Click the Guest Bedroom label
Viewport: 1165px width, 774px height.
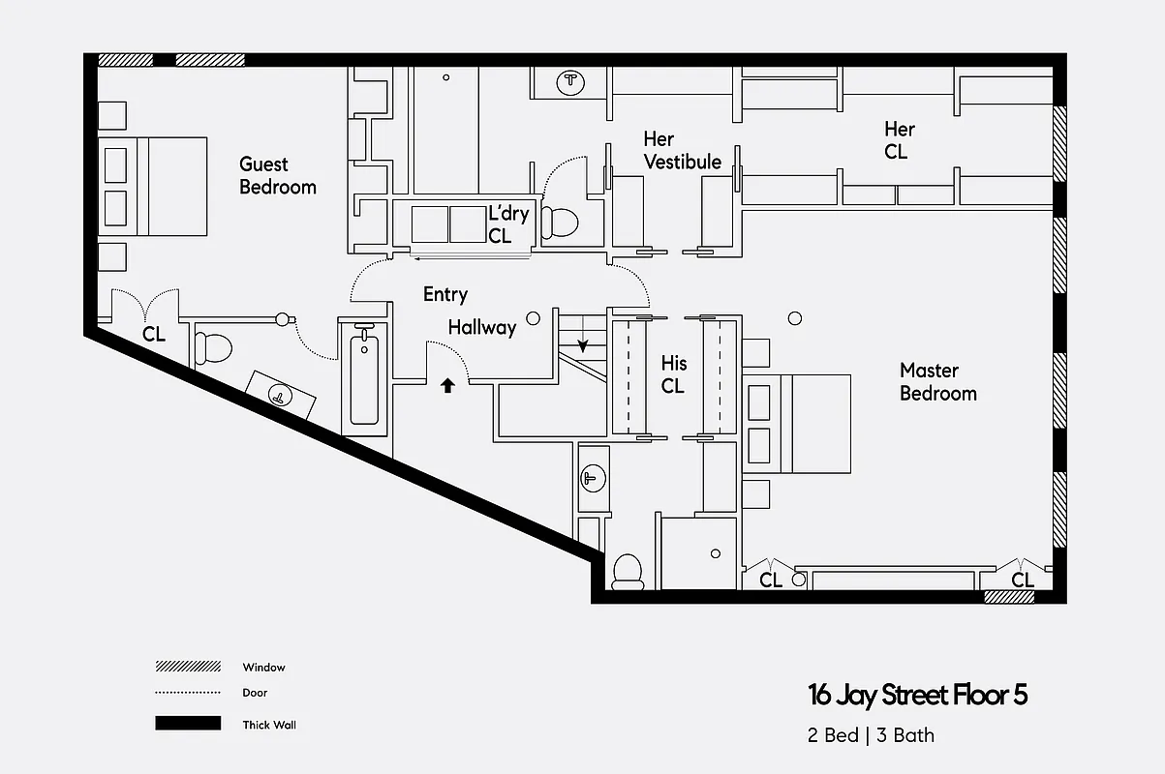click(x=277, y=175)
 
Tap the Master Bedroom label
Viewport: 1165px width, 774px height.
click(x=937, y=381)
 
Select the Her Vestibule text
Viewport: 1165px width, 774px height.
click(x=682, y=151)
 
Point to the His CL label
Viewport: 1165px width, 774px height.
click(x=673, y=374)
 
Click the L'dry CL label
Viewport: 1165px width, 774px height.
click(x=507, y=223)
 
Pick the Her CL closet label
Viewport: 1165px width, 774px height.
click(x=898, y=140)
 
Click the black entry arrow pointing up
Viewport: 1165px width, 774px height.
click(x=447, y=385)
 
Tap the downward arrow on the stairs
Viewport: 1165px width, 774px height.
click(x=584, y=344)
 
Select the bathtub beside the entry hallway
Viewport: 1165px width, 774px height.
click(x=364, y=377)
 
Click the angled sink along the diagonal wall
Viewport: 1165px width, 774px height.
click(x=281, y=395)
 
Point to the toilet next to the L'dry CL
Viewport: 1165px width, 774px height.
click(x=559, y=223)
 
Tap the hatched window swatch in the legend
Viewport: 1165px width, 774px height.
click(x=187, y=668)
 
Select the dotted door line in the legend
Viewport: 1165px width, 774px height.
click(x=187, y=693)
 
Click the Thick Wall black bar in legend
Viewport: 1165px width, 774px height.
click(x=187, y=724)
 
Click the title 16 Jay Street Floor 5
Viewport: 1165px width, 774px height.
click(x=917, y=695)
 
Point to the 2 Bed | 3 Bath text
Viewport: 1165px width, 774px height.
click(x=872, y=735)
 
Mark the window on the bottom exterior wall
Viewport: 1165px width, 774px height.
click(x=1009, y=597)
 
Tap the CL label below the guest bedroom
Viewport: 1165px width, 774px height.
click(x=154, y=335)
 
